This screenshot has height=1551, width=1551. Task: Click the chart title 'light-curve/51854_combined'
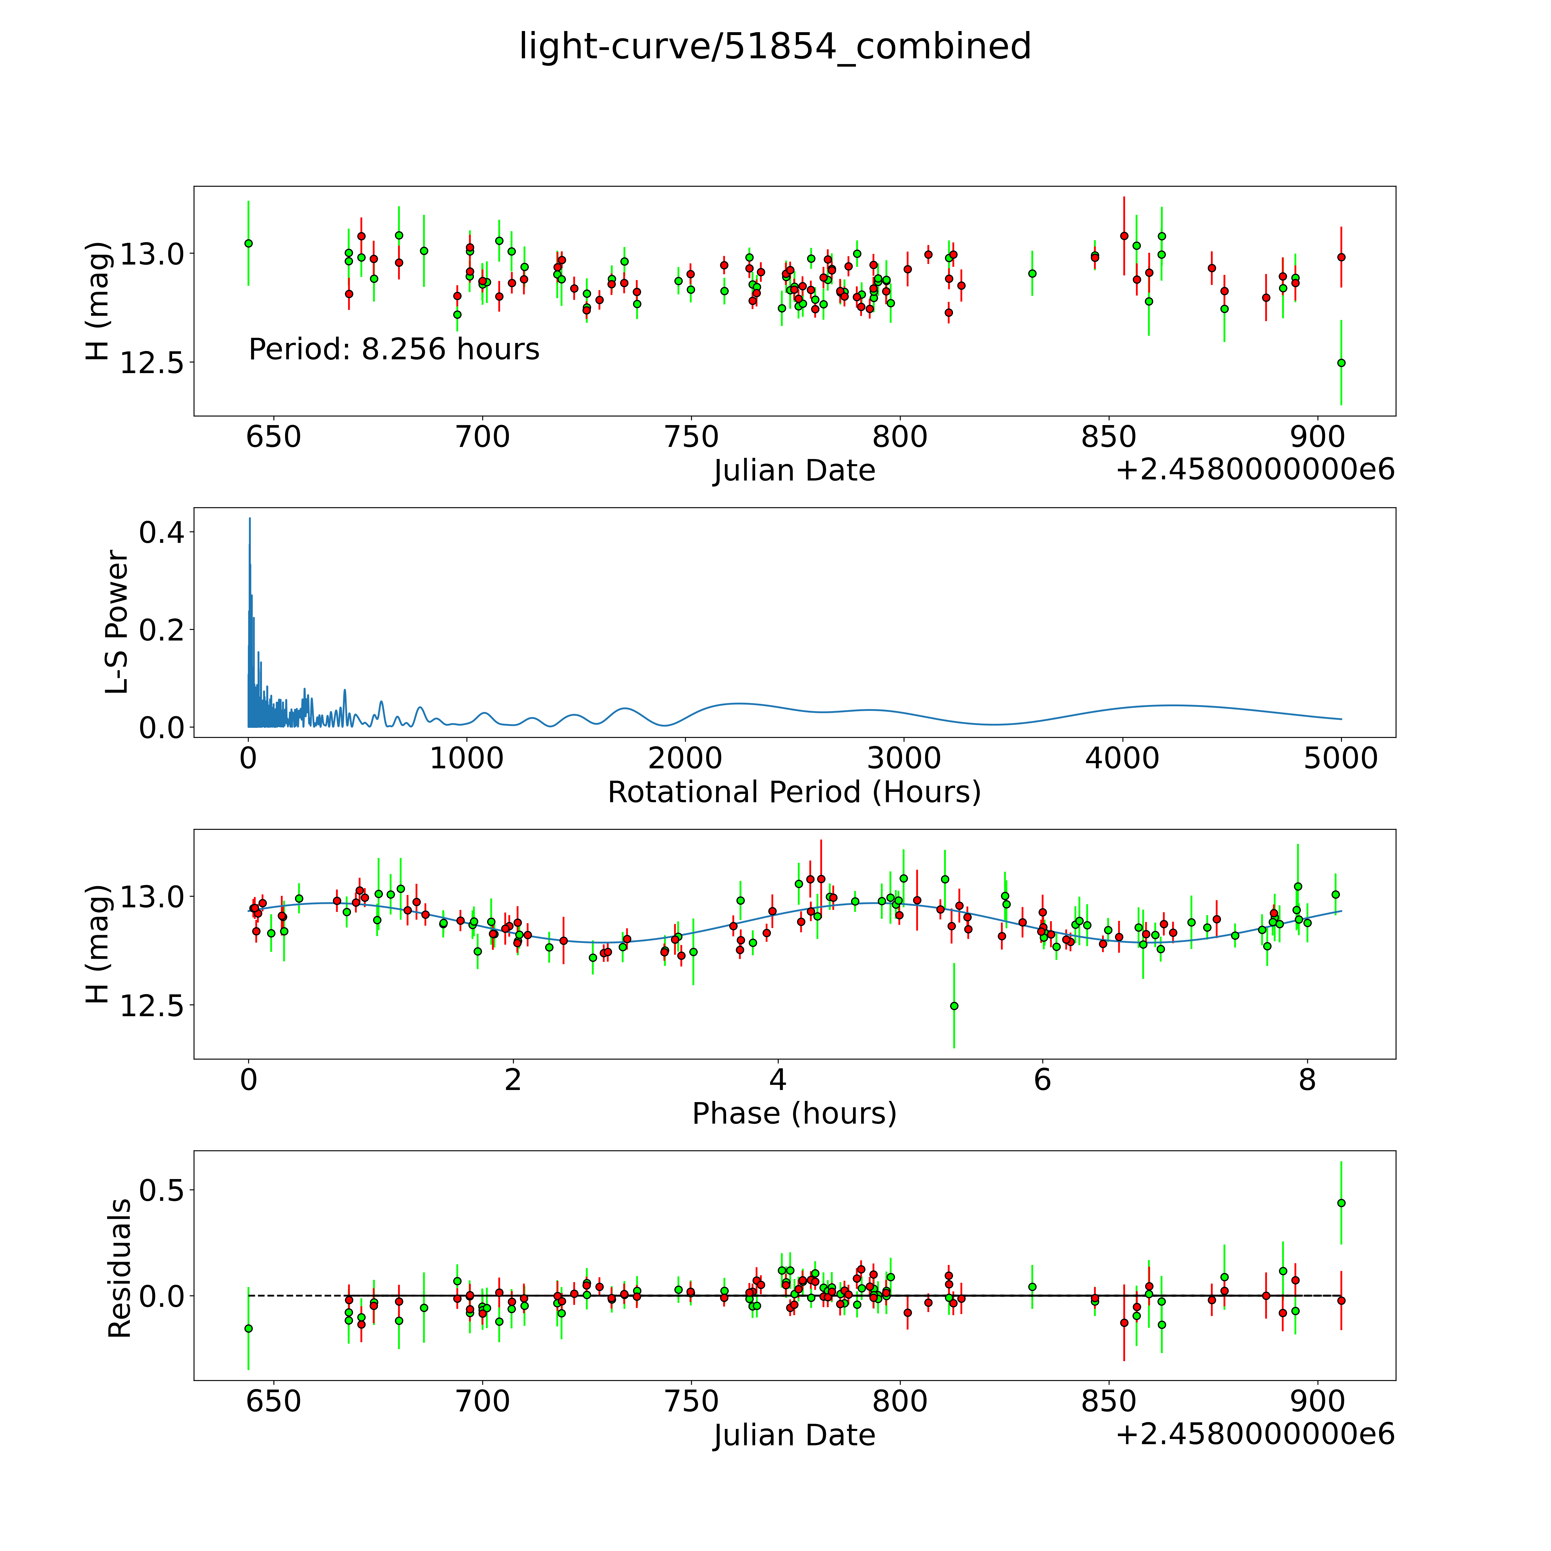775,47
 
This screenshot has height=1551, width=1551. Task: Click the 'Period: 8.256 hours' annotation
393,349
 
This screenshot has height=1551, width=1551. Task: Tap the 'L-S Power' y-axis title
117,622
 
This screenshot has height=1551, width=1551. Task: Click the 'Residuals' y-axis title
119,1268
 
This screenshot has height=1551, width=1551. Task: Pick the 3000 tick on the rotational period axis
904,759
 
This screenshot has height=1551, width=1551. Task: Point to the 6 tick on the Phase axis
1042,1080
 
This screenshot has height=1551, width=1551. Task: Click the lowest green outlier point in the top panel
1341,363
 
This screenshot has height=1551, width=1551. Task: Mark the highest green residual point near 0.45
1341,1203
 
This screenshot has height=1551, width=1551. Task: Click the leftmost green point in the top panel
248,243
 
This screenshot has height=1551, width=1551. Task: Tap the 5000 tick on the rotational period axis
1341,759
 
